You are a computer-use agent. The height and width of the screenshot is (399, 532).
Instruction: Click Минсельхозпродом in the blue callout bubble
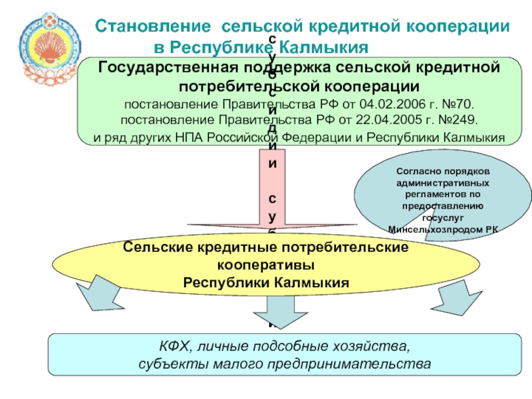[x=436, y=229]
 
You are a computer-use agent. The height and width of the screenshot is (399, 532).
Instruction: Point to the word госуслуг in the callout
[x=442, y=217]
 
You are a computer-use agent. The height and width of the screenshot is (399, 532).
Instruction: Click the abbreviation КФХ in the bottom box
[x=174, y=346]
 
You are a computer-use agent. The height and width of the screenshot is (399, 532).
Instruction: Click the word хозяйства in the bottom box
[x=374, y=346]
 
